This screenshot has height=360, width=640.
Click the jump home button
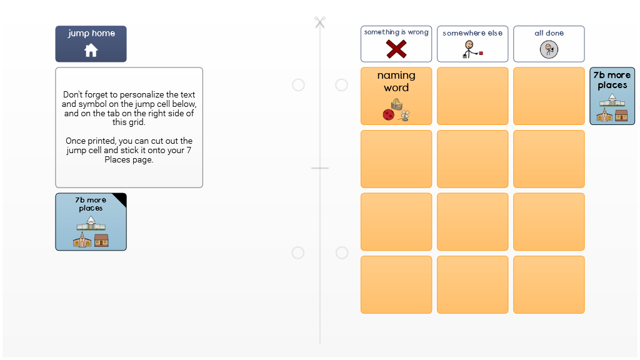[91, 44]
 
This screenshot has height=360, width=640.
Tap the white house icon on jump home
[91, 51]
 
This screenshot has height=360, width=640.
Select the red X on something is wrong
[396, 49]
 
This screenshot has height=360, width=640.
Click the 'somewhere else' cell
[472, 44]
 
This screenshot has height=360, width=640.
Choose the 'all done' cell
[549, 44]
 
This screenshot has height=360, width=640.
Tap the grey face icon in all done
[549, 50]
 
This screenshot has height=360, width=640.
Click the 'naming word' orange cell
[396, 96]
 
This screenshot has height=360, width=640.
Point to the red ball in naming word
[388, 115]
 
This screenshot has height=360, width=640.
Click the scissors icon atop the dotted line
[320, 22]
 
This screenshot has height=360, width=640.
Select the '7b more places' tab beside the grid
[612, 96]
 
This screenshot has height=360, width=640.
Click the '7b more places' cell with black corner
[91, 222]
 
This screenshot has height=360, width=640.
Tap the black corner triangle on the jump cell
[121, 198]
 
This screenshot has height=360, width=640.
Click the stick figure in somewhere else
[469, 49]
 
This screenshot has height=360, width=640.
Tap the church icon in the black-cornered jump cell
[82, 240]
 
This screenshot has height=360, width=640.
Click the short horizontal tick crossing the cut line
[320, 167]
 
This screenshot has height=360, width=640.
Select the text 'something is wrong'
[396, 32]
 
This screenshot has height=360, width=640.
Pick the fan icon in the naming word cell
[405, 116]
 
